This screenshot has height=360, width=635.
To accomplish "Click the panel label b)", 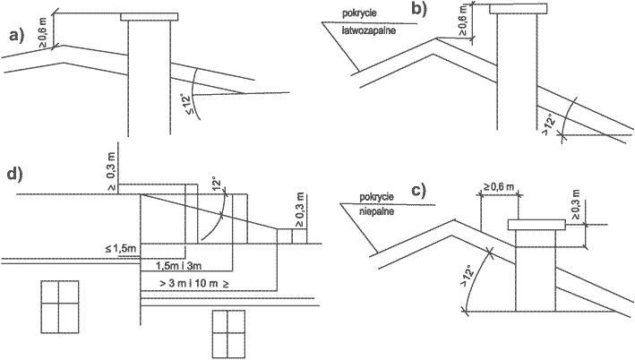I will point(416,10).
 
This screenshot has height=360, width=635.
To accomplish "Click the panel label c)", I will point(417,191).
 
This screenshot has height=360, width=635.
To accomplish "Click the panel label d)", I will point(13,174).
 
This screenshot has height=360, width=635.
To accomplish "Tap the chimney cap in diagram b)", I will point(517,9).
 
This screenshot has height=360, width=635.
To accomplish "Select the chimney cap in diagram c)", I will point(534,224).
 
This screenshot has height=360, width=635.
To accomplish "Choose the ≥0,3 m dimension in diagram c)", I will point(577,207).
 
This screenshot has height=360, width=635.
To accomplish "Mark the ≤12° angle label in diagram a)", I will point(185,106).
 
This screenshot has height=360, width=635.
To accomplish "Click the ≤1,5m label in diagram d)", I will point(118,247).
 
